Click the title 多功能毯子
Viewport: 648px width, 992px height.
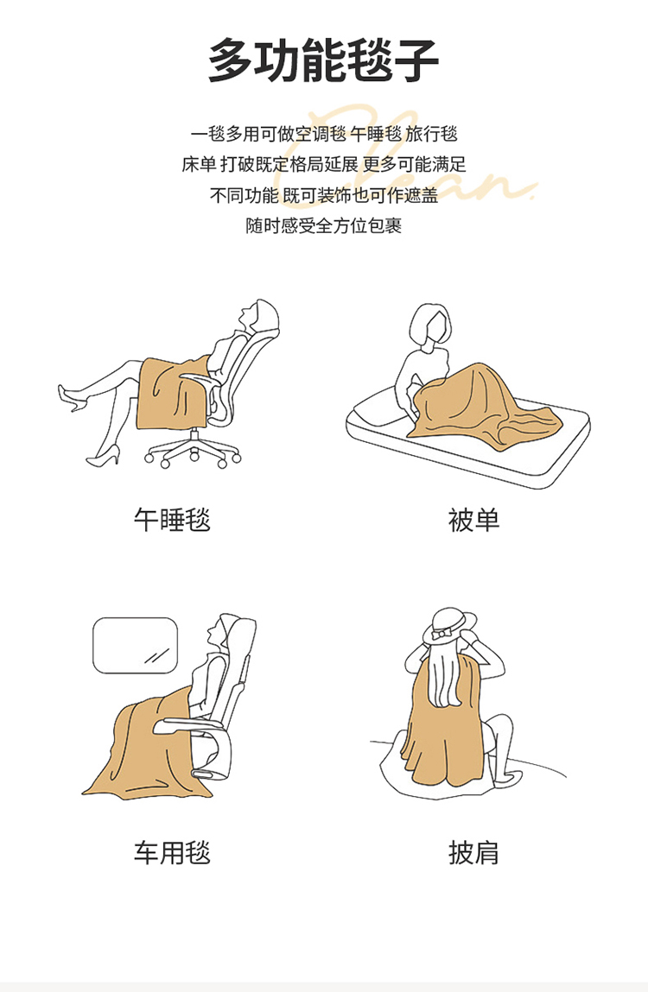click(324, 60)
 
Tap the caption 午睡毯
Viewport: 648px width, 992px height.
click(172, 520)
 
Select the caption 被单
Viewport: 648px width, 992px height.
click(473, 520)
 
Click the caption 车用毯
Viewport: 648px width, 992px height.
click(172, 853)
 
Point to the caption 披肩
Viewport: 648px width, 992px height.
click(473, 853)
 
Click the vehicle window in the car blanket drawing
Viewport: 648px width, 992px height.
click(136, 645)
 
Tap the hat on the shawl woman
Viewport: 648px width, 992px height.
click(449, 625)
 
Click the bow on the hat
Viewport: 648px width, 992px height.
click(440, 633)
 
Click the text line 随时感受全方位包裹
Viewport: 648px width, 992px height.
click(324, 226)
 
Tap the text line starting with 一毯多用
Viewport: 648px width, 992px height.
click(324, 134)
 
